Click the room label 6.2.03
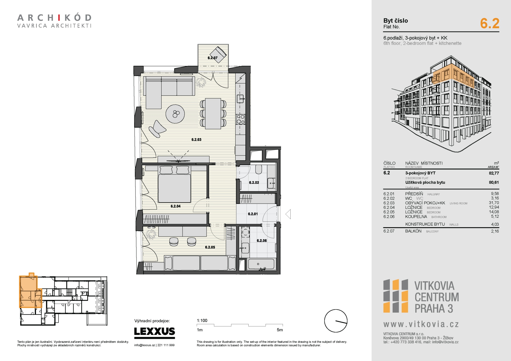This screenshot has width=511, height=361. (x=196, y=140)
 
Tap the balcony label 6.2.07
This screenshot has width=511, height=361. (x=213, y=58)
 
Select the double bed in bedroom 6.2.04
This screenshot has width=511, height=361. (x=174, y=184)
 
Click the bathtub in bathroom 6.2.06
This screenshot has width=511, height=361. (x=261, y=264)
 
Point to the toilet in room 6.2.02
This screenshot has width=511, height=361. (x=259, y=169)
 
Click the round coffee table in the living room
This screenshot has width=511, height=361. (x=175, y=114)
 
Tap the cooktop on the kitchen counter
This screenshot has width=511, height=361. (x=241, y=119)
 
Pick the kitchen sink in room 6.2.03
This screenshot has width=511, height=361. (x=240, y=99)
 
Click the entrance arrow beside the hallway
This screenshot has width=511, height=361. (x=288, y=214)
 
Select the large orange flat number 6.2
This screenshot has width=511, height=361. (x=490, y=23)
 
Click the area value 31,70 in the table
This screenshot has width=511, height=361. (x=494, y=203)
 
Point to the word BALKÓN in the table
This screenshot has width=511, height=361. (x=413, y=231)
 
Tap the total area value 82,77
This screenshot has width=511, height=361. (x=494, y=173)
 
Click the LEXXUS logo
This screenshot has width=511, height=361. (x=155, y=331)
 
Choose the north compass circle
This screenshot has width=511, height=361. (x=336, y=321)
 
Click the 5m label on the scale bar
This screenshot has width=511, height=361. (x=280, y=330)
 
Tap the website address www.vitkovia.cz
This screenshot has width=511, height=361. (x=421, y=324)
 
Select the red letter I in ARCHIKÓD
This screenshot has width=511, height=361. (x=59, y=18)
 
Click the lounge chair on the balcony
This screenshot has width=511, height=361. (x=218, y=54)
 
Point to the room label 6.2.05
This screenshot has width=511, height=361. (x=210, y=247)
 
